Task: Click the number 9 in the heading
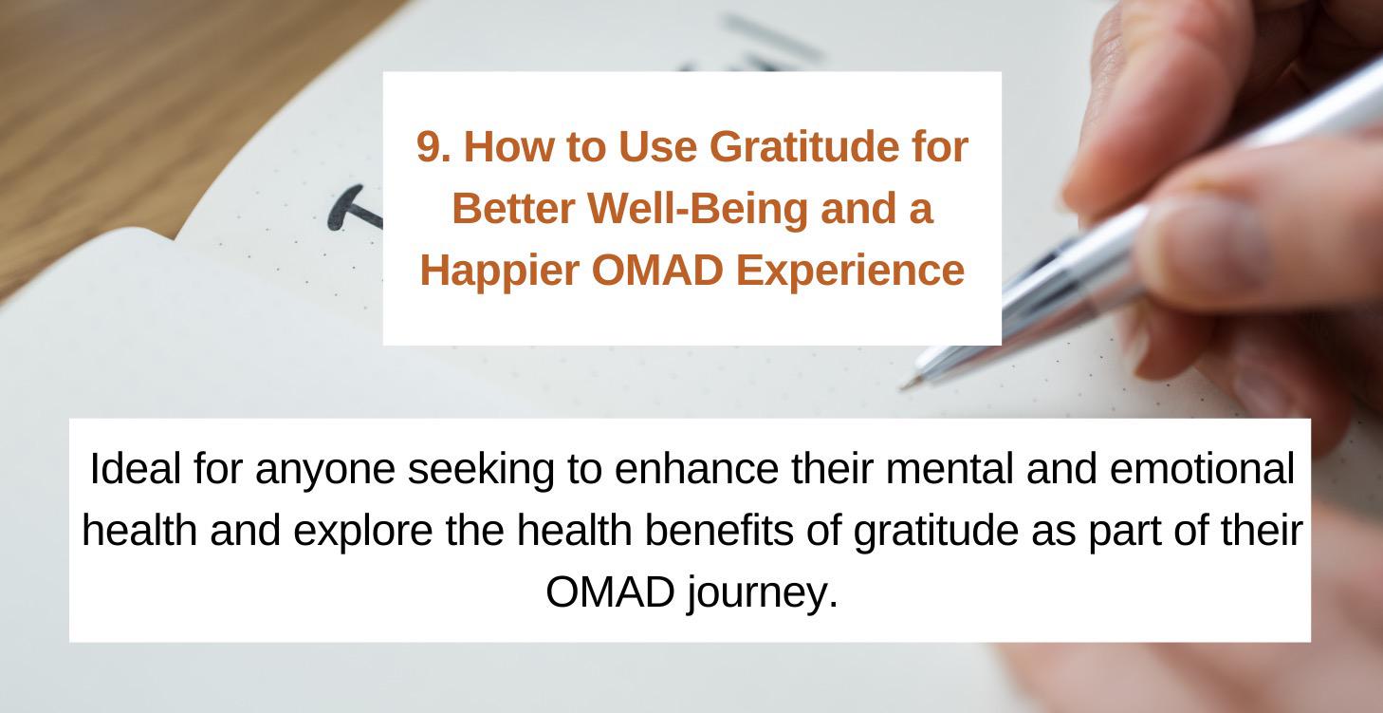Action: [x=427, y=147]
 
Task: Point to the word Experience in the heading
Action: [x=850, y=271]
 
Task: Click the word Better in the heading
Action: [x=513, y=209]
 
